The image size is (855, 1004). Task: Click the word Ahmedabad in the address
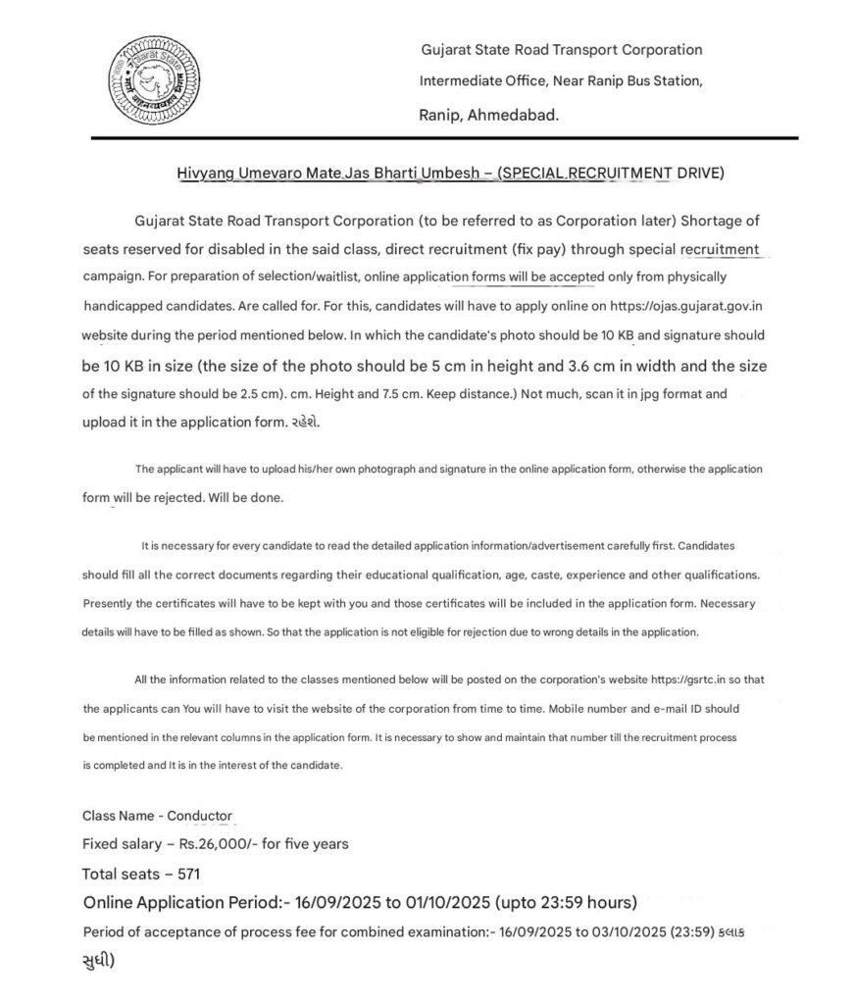pyautogui.click(x=516, y=115)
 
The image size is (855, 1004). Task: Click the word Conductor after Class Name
pyautogui.click(x=200, y=816)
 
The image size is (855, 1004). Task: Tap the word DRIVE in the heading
pyautogui.click(x=701, y=174)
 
